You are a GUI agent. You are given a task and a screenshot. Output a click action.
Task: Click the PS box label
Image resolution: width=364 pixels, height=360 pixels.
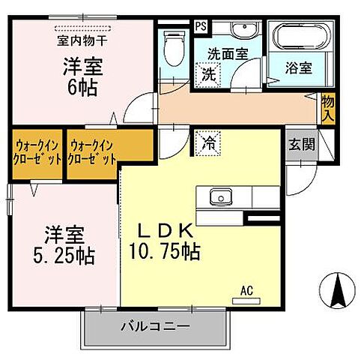(200, 25)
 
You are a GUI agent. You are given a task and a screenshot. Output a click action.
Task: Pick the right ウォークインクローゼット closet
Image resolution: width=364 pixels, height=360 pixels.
(93, 152)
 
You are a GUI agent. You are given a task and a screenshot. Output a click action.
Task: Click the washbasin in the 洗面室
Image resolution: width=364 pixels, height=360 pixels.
(242, 31)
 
